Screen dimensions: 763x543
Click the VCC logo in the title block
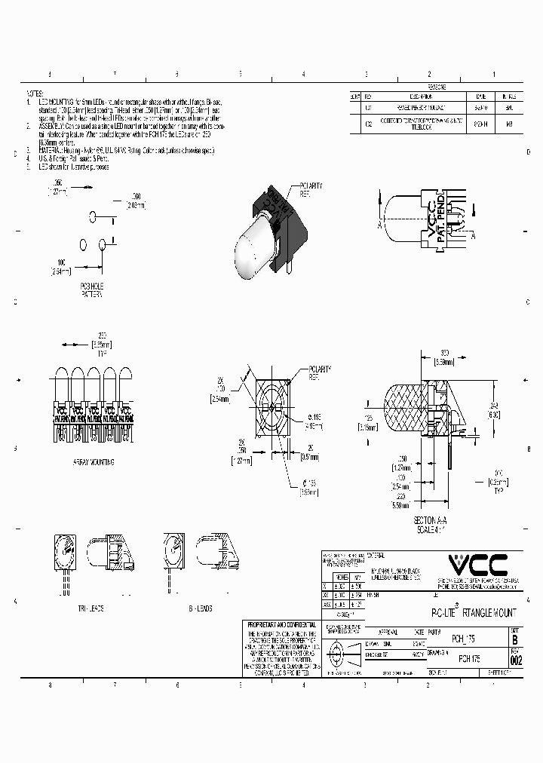(477, 564)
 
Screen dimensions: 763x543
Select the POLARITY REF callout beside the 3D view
(311, 188)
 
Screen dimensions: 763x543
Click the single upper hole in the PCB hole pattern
(94, 217)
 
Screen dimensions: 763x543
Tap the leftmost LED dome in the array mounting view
(60, 377)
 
